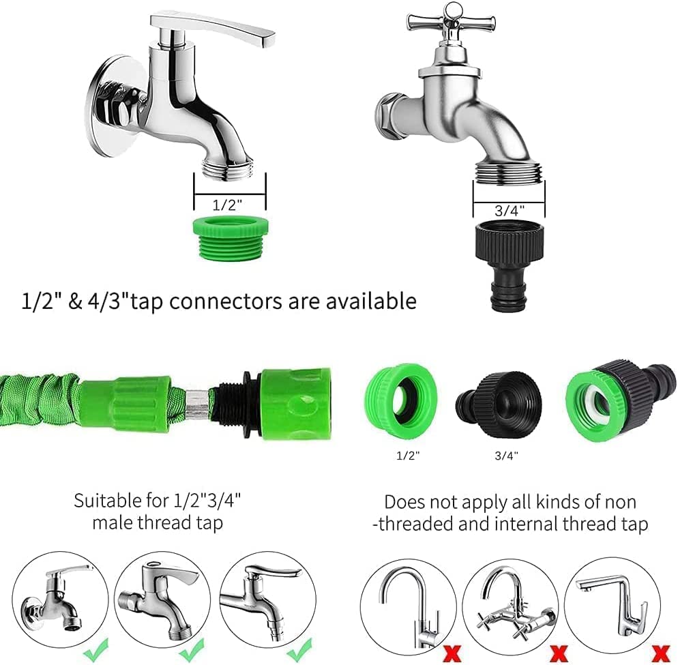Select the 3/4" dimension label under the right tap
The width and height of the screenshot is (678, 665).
508,211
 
